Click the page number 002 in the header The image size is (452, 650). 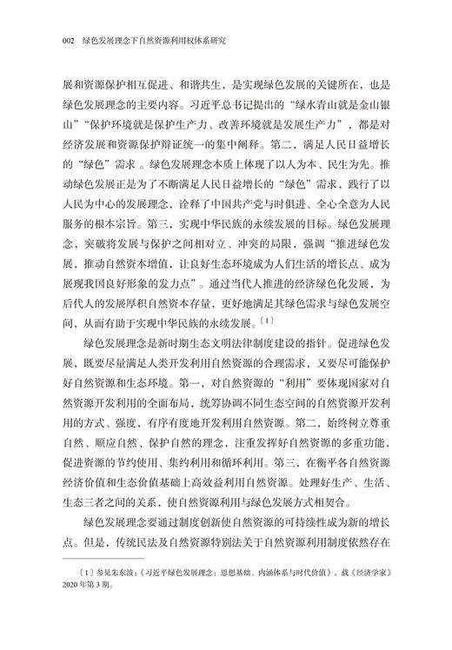tap(62, 38)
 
